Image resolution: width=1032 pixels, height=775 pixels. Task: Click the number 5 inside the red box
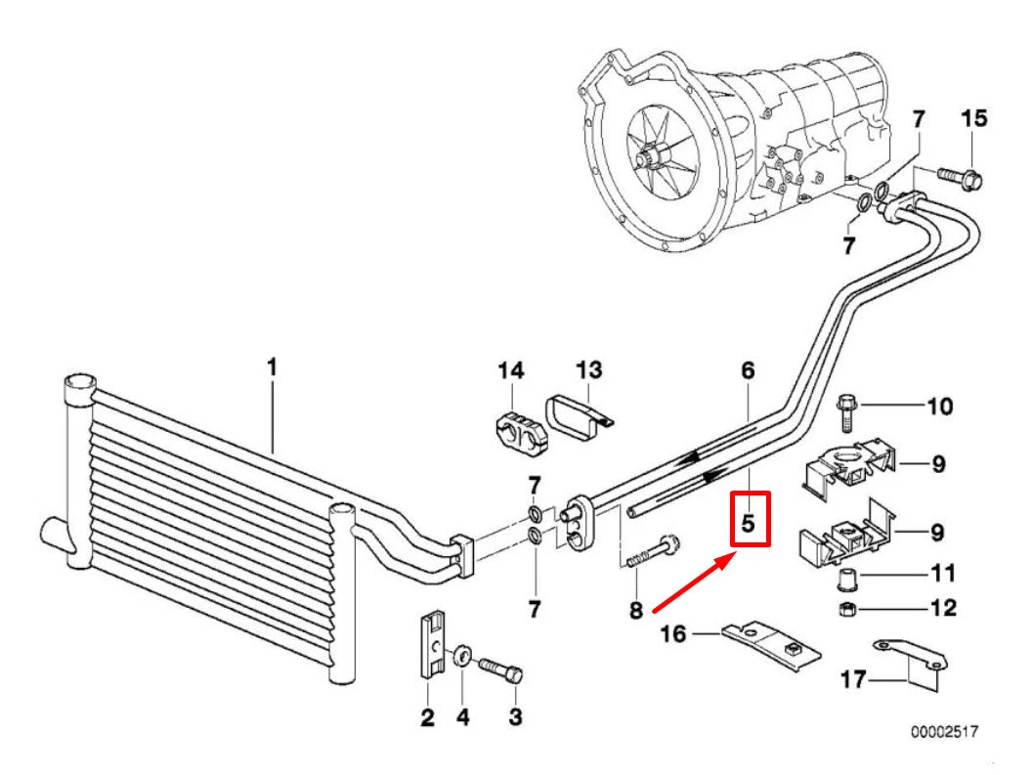(x=748, y=522)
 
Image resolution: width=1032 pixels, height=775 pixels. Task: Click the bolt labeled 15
(x=963, y=177)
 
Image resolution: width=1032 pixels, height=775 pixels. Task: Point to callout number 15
(x=973, y=119)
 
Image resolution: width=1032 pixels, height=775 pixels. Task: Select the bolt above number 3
(x=502, y=670)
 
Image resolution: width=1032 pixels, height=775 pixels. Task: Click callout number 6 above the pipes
(x=748, y=370)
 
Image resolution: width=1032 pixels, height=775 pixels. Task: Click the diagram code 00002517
(x=944, y=730)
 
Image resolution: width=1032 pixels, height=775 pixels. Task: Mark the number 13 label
(x=588, y=370)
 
